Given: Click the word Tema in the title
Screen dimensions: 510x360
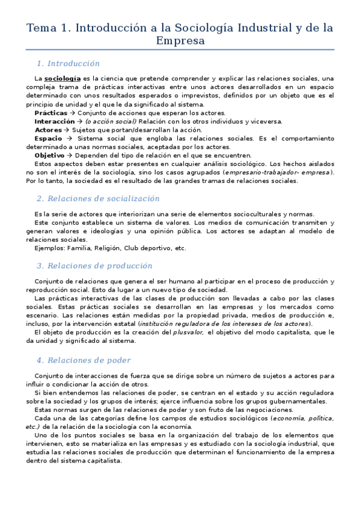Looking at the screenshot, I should [x=40, y=28].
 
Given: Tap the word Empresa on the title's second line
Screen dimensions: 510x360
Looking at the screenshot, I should [x=180, y=41].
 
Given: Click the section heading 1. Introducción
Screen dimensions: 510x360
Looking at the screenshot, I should [x=67, y=63].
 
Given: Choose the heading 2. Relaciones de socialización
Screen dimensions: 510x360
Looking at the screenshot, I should [x=97, y=198].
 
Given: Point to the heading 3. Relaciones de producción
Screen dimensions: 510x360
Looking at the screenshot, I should [x=94, y=265].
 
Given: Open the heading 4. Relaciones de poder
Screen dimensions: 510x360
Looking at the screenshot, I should [x=83, y=360].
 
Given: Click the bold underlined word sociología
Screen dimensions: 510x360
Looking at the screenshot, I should [x=63, y=78].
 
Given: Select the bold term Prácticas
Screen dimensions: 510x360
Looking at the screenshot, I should [x=51, y=112].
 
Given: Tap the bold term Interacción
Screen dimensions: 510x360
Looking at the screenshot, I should [x=55, y=121].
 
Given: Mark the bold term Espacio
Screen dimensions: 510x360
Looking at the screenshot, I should [x=49, y=138].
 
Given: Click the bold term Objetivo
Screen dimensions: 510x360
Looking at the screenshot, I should [x=50, y=155].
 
